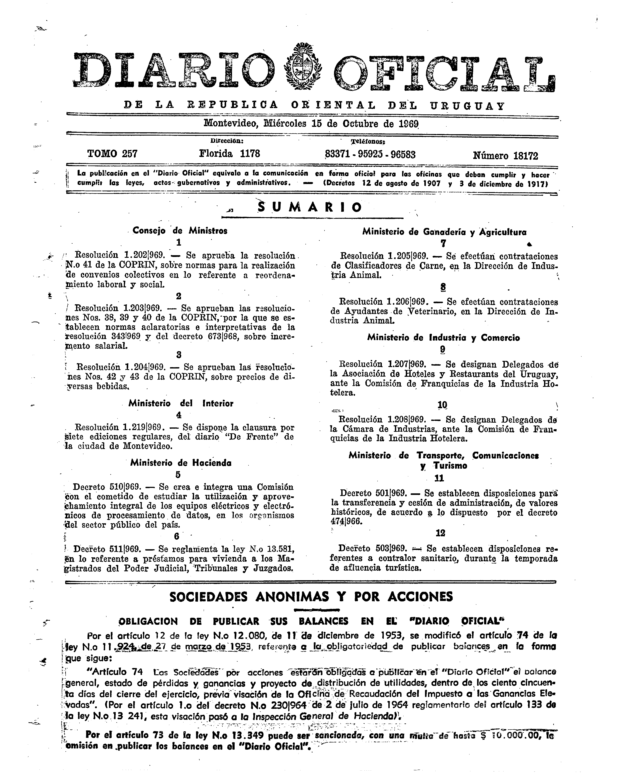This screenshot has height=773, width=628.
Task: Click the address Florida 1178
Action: (x=229, y=154)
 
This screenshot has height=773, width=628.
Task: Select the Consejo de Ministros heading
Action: (x=180, y=231)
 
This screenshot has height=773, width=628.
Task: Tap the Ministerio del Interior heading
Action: (x=181, y=403)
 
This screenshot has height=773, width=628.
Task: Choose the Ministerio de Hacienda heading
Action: (x=181, y=463)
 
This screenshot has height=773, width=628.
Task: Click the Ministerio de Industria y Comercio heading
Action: (x=444, y=337)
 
